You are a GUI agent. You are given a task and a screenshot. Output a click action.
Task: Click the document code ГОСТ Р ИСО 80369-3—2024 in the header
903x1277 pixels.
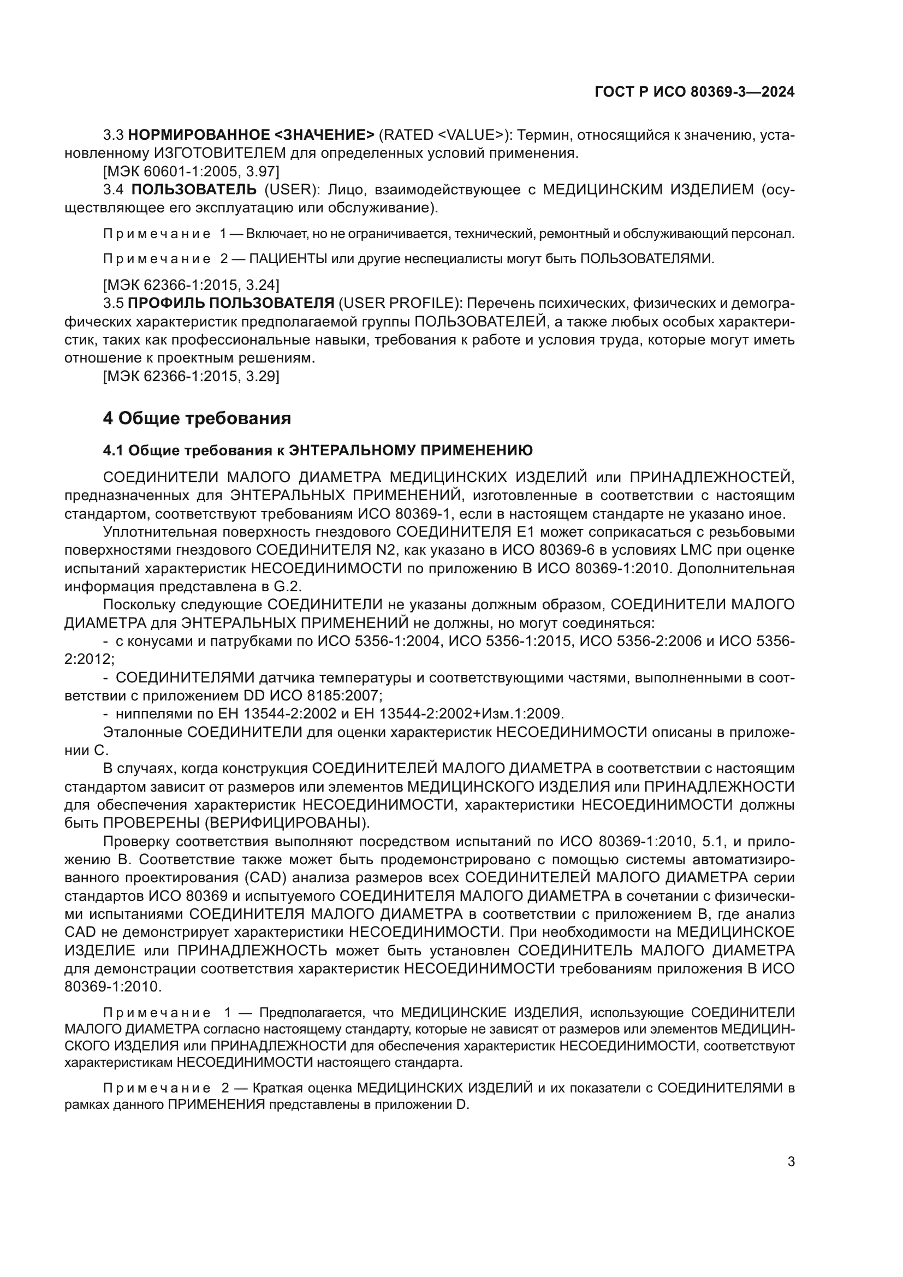[x=694, y=92]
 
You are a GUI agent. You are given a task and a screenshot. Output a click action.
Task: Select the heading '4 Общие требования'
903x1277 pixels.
[x=197, y=418]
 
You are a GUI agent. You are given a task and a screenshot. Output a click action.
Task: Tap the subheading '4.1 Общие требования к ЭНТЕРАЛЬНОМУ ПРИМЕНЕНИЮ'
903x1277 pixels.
[x=318, y=450]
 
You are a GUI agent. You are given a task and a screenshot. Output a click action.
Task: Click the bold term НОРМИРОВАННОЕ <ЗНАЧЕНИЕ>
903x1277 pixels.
[x=251, y=135]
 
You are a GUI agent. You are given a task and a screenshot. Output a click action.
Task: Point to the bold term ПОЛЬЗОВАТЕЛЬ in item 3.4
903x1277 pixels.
[x=194, y=189]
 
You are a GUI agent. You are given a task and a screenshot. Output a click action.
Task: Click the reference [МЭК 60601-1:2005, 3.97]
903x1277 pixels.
[x=191, y=171]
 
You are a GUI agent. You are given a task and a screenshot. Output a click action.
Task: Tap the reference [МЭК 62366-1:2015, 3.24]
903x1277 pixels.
[x=191, y=286]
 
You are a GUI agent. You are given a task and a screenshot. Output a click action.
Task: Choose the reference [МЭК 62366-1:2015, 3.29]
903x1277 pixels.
[x=191, y=376]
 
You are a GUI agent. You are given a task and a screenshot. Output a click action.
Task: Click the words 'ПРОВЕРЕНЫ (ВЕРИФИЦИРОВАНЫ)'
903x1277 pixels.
[x=236, y=823]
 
